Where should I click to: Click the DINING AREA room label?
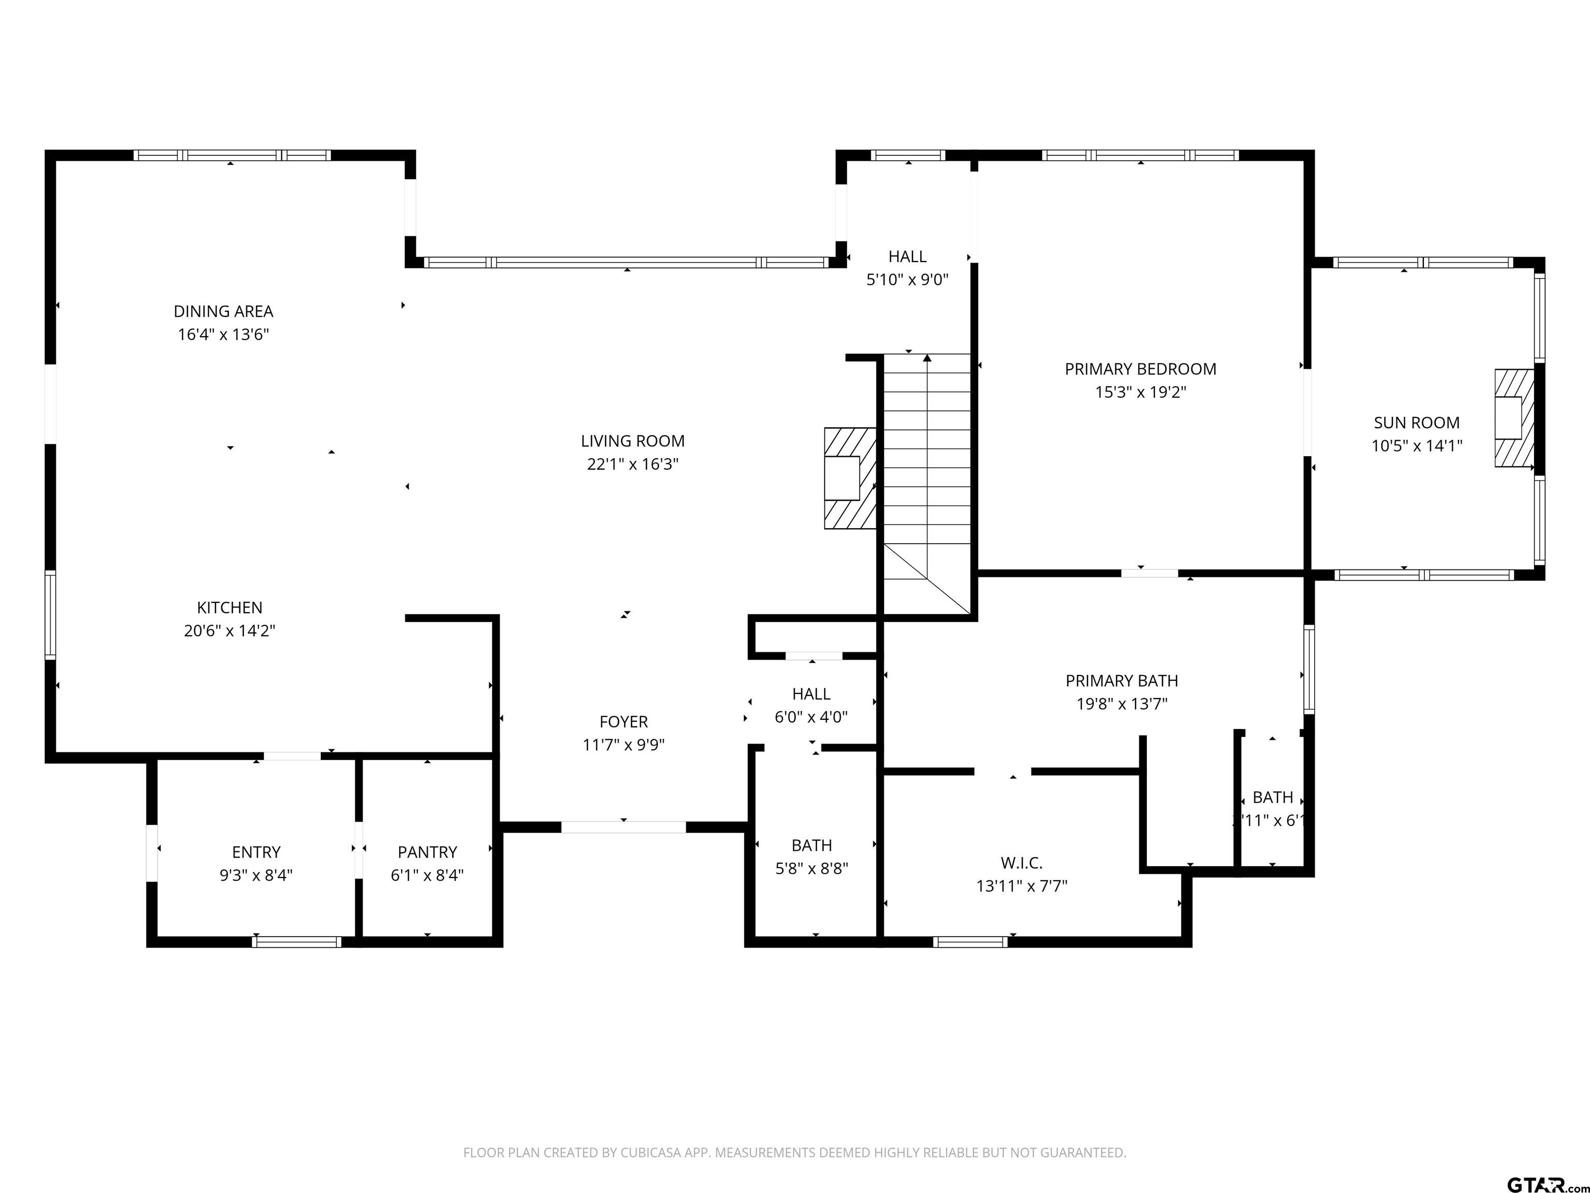point(223,311)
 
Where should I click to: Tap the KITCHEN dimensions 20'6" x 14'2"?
point(229,631)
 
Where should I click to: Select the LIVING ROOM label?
point(632,441)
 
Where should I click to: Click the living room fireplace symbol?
point(850,478)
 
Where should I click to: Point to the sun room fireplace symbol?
point(1514,418)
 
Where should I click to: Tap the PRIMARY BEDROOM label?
point(1140,369)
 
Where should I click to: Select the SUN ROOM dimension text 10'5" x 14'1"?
point(1416,446)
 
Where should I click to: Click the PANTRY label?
point(427,852)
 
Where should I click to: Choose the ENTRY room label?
point(256,852)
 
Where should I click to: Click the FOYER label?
point(623,721)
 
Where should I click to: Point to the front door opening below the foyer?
point(623,827)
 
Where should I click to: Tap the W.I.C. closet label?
point(1021,863)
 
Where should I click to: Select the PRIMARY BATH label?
point(1122,680)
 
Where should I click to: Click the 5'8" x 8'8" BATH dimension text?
point(812,869)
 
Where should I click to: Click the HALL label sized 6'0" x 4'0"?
point(811,694)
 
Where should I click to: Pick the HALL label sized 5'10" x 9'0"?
point(907,256)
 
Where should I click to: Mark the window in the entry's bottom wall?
point(296,942)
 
